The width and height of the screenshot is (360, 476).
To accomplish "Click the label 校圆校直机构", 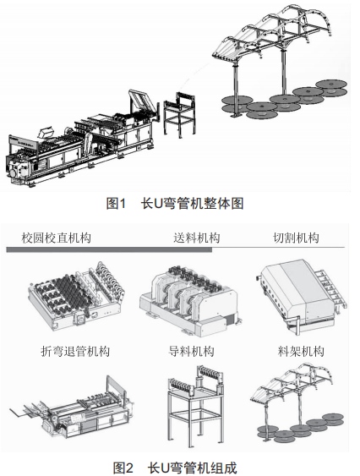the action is pos(56,238).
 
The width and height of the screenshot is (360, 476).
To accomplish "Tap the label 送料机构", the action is pos(196,238).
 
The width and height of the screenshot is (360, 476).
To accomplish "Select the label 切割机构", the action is pos(296,238).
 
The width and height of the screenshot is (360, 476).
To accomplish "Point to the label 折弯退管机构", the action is pos(75,351).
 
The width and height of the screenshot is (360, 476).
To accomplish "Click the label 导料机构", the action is pos(191,351).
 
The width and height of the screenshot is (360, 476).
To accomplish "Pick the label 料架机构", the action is pos(301,351).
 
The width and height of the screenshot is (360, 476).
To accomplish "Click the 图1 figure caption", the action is pos(175,204).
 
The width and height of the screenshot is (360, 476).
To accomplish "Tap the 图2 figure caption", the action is pos(175,468).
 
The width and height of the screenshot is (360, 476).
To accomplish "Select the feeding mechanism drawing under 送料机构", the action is pos(189,300).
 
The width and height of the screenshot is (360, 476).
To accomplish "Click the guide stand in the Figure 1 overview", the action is pos(179,114).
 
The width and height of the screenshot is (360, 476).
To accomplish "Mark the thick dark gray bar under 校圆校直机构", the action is pos(109,249).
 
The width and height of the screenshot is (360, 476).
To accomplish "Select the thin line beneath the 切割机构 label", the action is pos(278,248).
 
